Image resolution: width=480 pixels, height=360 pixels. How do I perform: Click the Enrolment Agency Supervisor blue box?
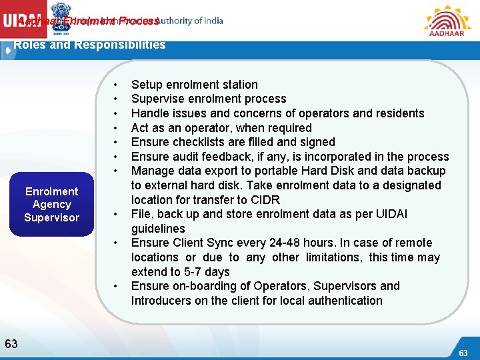(x=51, y=204)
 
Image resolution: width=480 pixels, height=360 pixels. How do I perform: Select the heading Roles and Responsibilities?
(x=89, y=45)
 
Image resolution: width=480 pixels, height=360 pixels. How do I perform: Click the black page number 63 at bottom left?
(x=11, y=344)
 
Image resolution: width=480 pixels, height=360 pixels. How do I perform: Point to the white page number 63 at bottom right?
(x=463, y=352)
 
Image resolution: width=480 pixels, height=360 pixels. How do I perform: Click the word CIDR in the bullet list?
(x=265, y=200)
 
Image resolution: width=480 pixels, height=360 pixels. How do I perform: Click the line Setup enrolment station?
(x=194, y=85)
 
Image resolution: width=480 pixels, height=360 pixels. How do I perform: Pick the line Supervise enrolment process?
(x=209, y=99)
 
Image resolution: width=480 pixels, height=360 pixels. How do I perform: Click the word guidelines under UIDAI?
(x=158, y=229)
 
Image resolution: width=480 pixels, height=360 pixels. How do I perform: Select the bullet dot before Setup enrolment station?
(x=117, y=85)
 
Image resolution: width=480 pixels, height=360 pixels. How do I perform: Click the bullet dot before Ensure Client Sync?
(x=117, y=243)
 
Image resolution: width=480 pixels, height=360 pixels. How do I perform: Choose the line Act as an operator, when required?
(x=221, y=128)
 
